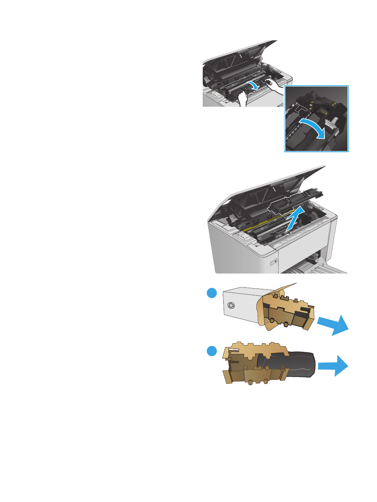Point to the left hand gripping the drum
click(243, 99)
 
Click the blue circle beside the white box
click(212, 293)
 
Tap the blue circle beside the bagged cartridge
click(212, 351)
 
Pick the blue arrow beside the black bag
click(334, 365)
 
